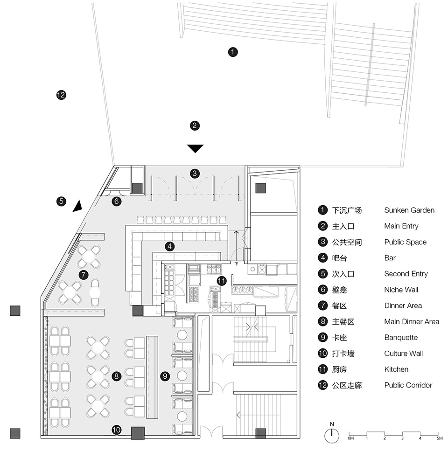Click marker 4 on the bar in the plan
(x=170, y=246)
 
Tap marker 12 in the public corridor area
(x=61, y=95)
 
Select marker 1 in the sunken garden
(x=232, y=52)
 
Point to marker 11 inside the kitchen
(x=221, y=281)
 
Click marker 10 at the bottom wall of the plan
(x=116, y=430)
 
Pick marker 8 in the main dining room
(x=116, y=375)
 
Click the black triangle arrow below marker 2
(x=196, y=149)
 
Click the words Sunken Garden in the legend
(x=409, y=210)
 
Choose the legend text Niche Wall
(x=401, y=290)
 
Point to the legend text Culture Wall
(x=403, y=354)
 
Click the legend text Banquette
(x=401, y=338)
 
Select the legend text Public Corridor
(x=408, y=385)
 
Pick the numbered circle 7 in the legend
(x=322, y=305)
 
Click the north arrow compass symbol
(x=331, y=435)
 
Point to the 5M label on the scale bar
(x=439, y=439)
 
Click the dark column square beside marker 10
(x=138, y=433)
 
